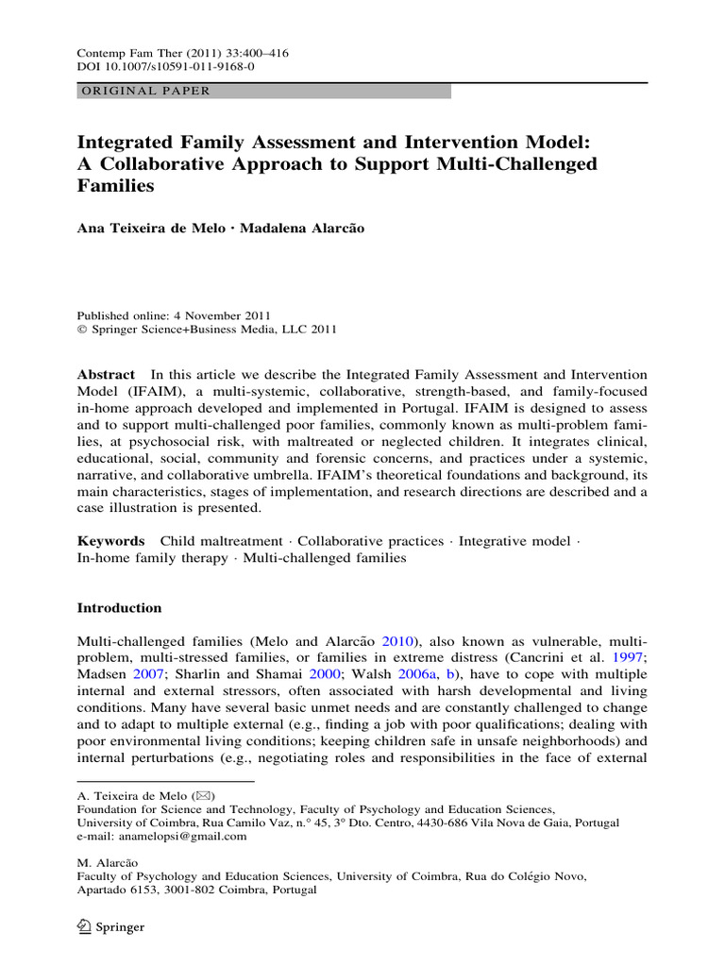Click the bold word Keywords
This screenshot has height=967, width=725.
pos(110,541)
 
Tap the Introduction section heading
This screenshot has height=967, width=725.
pos(119,608)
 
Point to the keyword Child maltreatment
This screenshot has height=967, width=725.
pos(221,541)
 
